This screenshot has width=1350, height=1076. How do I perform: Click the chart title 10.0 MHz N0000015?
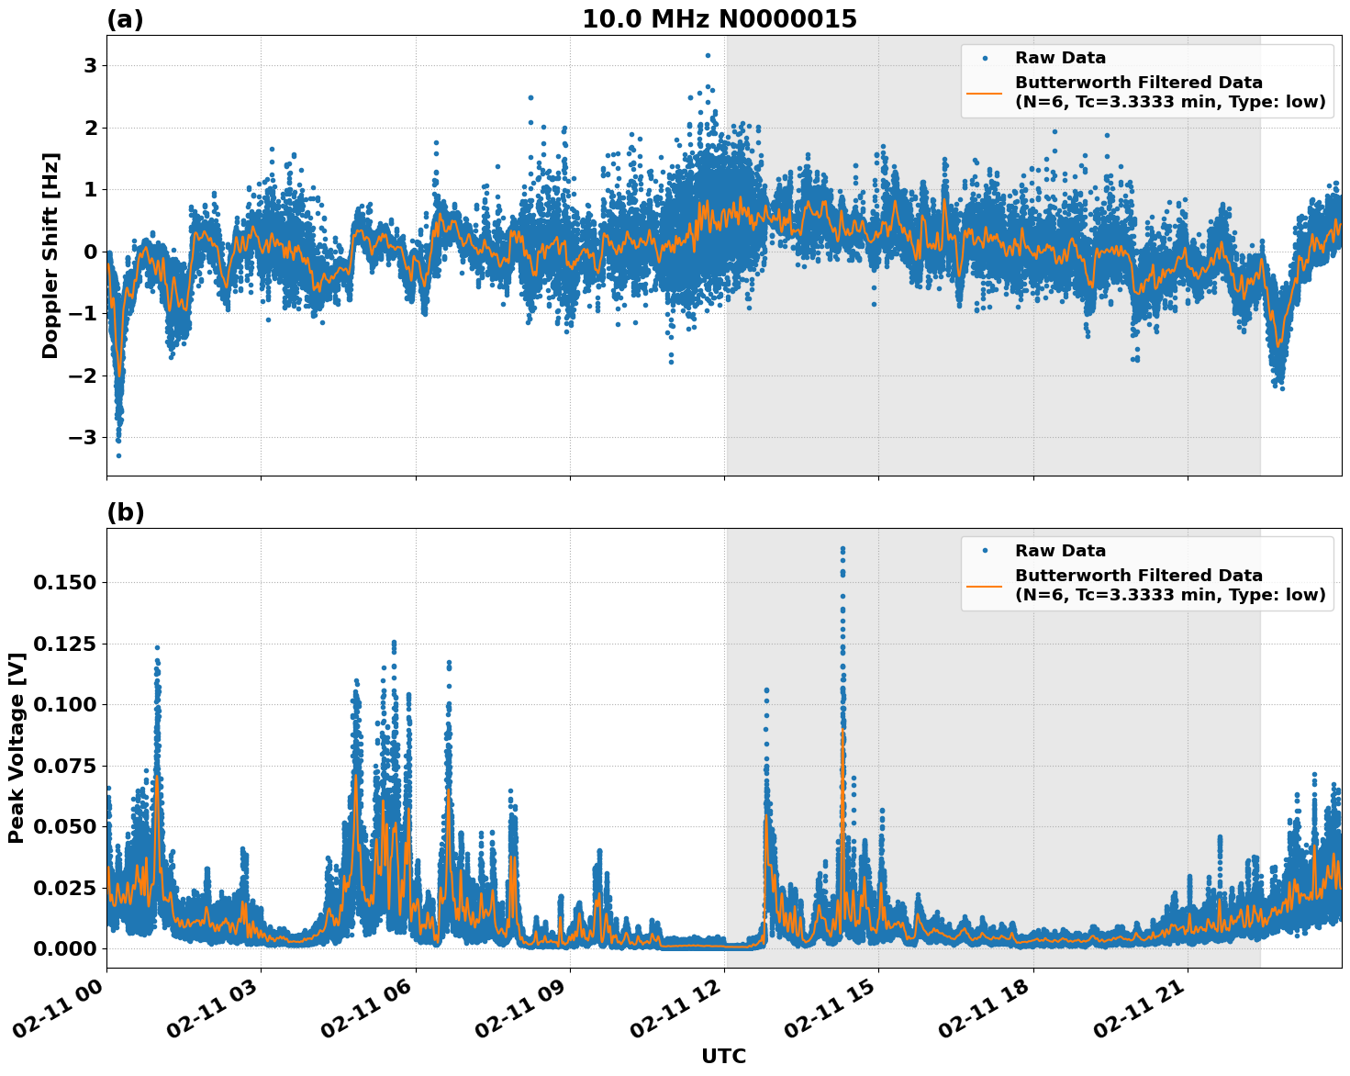click(x=719, y=19)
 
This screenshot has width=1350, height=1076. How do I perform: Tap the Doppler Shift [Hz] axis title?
click(x=50, y=255)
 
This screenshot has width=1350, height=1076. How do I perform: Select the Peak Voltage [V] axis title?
click(x=17, y=747)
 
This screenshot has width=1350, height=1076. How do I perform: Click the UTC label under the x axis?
click(x=723, y=1057)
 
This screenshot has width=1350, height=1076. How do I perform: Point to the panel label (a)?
click(x=125, y=19)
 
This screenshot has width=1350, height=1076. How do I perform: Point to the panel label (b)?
click(x=125, y=512)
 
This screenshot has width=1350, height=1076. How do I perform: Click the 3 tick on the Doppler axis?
click(x=90, y=66)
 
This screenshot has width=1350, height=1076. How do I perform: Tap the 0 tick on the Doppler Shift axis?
click(x=90, y=252)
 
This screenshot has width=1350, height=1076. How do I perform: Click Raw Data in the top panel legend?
click(x=1060, y=59)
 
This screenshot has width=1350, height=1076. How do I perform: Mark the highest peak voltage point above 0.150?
click(x=842, y=549)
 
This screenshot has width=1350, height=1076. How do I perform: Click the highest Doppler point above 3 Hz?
click(x=708, y=55)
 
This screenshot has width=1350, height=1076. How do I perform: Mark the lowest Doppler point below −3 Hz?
click(x=118, y=455)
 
